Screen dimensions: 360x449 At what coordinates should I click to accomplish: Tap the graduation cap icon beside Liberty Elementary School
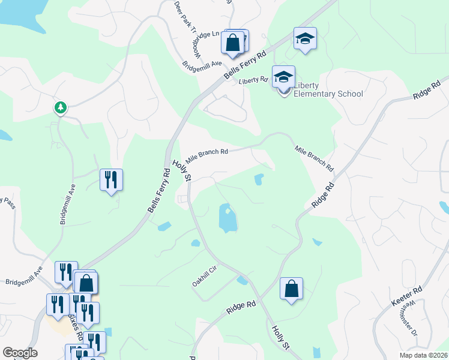click(283, 77)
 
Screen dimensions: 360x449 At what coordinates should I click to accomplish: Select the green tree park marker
click(60, 108)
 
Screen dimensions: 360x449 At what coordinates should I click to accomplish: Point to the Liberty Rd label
click(252, 80)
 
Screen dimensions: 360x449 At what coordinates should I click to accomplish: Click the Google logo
click(20, 352)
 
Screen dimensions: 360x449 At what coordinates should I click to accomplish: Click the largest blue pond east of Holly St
click(228, 218)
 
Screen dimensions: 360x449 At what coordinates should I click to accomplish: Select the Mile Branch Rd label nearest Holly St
click(206, 156)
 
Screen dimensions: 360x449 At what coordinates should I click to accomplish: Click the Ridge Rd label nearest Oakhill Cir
click(241, 308)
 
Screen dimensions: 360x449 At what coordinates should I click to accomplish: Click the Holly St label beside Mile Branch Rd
click(181, 170)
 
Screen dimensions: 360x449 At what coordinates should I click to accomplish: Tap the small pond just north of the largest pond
click(259, 179)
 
